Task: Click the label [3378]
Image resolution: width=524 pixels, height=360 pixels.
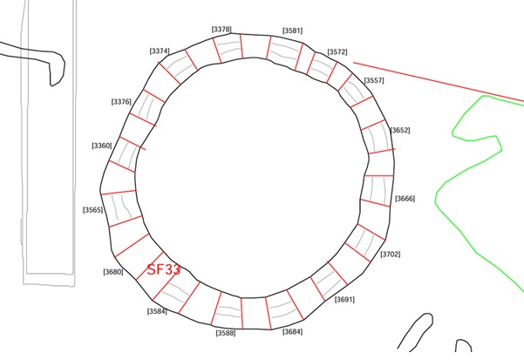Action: coord(221,30)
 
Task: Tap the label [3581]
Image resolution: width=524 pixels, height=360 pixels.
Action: coord(292,31)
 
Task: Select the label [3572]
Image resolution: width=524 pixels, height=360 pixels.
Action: coord(337,52)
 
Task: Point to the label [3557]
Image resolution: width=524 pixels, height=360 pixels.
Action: coord(374,80)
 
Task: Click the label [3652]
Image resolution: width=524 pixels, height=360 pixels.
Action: coord(400,130)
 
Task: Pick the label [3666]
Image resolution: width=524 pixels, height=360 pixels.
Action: coord(405,199)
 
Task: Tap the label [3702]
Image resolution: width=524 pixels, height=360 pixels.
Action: coord(391,255)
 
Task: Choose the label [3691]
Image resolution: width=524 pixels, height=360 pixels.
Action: coord(344,300)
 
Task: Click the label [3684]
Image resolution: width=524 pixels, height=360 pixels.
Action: coord(292,331)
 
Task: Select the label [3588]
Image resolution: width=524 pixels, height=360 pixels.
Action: coord(226,333)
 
